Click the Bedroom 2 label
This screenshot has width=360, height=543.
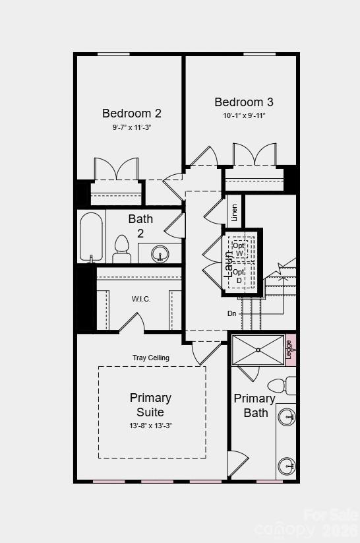(131, 113)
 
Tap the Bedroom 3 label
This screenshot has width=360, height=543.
(243, 102)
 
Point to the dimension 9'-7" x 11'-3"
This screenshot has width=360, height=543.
(131, 127)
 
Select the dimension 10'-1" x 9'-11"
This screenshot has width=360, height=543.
(243, 115)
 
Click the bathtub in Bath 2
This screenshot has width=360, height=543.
(91, 237)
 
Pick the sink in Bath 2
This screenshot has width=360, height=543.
(160, 253)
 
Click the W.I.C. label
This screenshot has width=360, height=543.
(141, 299)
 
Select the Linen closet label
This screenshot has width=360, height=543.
(234, 212)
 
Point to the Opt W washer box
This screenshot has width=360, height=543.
(238, 249)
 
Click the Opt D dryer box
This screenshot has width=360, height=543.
(239, 276)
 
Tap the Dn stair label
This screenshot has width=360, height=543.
(232, 313)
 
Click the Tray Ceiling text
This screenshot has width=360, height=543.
(151, 358)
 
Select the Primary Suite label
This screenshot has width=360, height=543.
(150, 404)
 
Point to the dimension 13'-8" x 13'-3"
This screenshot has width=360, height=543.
(150, 426)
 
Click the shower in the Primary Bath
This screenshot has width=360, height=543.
(258, 350)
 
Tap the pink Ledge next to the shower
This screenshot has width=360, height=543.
(289, 350)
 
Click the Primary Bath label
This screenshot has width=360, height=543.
(255, 405)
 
